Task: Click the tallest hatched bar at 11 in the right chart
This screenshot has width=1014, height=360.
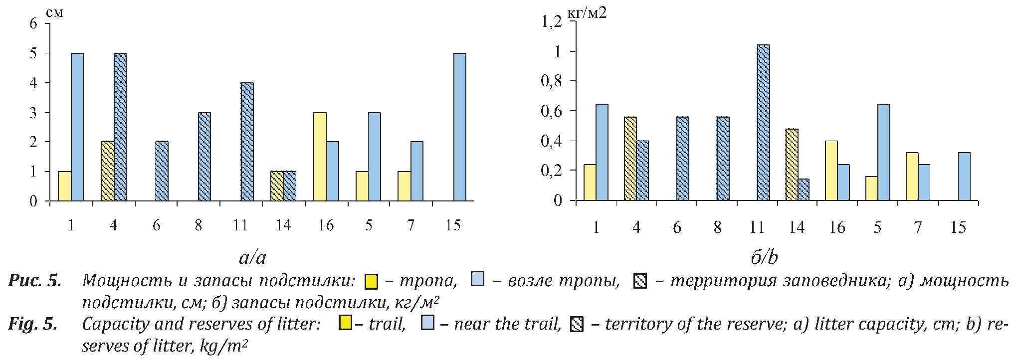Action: point(763,123)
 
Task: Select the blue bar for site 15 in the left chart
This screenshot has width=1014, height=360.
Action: point(459,127)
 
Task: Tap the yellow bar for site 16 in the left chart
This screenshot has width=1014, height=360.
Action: point(320,157)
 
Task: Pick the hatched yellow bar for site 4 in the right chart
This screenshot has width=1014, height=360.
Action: point(630,159)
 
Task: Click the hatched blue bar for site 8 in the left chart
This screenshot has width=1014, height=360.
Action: point(204,157)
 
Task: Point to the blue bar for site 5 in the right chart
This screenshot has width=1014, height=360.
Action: point(883,152)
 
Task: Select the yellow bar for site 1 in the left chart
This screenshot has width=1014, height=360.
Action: point(64,186)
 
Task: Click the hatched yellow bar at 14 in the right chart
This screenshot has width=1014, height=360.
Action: point(792,165)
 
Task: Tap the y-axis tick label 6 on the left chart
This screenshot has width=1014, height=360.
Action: point(33,23)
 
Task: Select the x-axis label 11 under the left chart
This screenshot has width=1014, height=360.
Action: point(240,225)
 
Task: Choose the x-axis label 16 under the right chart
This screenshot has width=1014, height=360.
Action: point(837,227)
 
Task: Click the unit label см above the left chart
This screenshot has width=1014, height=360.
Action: point(54,12)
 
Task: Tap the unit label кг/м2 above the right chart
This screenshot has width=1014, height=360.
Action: point(588,12)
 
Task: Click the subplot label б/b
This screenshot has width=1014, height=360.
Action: point(764,257)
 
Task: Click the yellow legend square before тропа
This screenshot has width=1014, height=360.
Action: point(372,282)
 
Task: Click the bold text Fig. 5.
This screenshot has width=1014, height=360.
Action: point(32,325)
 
